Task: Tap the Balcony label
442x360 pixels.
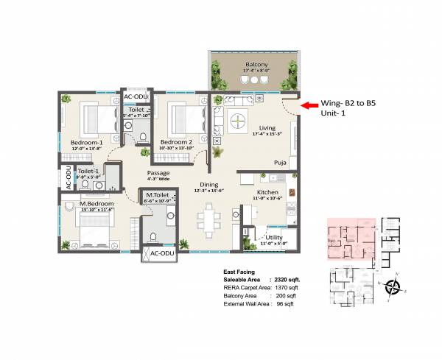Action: point(256,65)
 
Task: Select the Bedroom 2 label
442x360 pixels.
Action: point(176,141)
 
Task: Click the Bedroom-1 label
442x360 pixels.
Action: point(86,141)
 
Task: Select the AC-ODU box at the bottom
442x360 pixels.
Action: point(159,253)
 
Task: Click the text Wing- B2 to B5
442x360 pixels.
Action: point(351,105)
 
